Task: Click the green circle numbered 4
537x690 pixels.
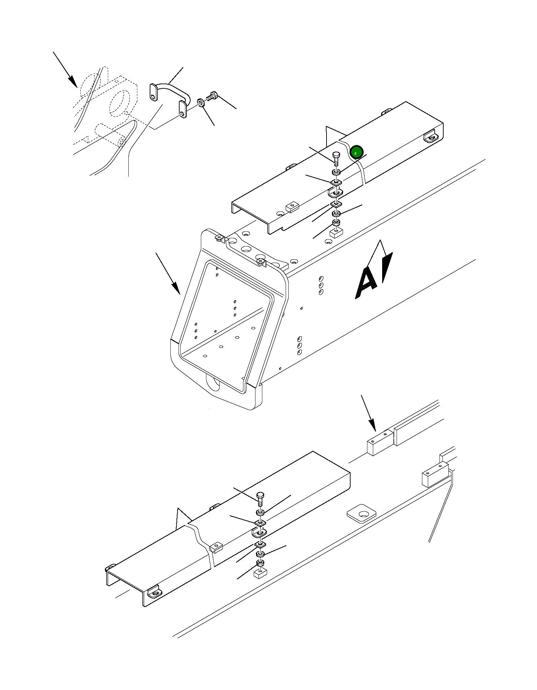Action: point(356,152)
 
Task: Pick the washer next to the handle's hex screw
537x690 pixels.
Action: point(201,102)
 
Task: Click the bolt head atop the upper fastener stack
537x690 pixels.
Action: point(336,155)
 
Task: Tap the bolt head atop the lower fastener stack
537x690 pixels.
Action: point(260,496)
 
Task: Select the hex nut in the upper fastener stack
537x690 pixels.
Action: point(336,222)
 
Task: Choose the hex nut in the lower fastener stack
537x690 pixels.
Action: point(260,563)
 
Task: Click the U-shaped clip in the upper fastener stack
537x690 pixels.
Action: point(334,193)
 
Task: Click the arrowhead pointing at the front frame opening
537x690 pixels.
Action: point(176,288)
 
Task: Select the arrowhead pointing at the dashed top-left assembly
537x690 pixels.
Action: point(72,81)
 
